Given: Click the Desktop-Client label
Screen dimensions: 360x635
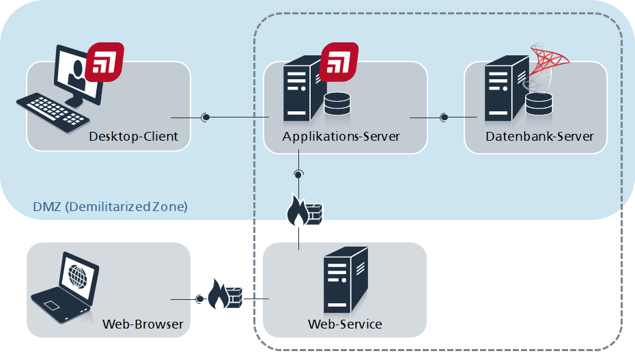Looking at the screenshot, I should (133, 136).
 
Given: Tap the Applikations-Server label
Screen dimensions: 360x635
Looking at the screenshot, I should (341, 136).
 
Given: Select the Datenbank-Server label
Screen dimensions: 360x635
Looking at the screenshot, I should (539, 136).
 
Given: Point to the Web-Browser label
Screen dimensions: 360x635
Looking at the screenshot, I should (143, 324).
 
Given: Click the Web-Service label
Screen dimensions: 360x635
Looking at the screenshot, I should (345, 323).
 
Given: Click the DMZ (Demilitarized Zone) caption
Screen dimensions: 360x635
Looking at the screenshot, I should (110, 206).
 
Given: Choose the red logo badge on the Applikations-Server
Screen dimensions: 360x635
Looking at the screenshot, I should (339, 61).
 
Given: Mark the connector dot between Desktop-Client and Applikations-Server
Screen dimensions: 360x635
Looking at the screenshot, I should (206, 117).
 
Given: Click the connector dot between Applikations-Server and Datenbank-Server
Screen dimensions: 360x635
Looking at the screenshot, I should (444, 117).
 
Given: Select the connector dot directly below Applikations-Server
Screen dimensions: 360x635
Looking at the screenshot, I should (299, 174).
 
